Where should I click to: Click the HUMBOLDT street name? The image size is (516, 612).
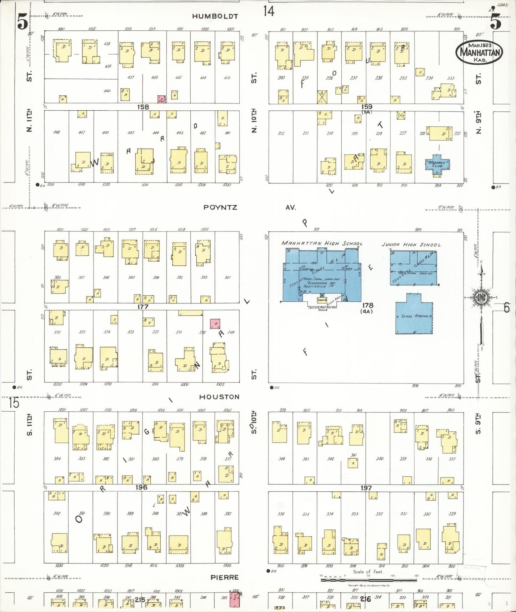[215, 16]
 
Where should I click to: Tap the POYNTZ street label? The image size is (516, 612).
[220, 207]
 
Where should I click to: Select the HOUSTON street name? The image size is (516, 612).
[219, 397]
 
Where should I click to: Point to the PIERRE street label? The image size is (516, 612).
[224, 577]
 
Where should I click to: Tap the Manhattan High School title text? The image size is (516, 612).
[322, 243]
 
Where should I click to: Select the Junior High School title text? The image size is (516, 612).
[411, 245]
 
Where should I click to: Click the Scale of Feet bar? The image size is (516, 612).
[369, 580]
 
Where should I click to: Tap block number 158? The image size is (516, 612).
[143, 107]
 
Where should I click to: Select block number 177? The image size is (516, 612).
[142, 307]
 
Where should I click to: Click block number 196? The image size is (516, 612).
[141, 487]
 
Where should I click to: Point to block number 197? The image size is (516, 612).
[366, 488]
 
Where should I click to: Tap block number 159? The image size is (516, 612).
[366, 106]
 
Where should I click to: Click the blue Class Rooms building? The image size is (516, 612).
[414, 314]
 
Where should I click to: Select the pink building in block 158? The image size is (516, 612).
[162, 99]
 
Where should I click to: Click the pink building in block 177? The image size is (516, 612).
[215, 323]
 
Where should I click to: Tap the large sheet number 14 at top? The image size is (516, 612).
[269, 11]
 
